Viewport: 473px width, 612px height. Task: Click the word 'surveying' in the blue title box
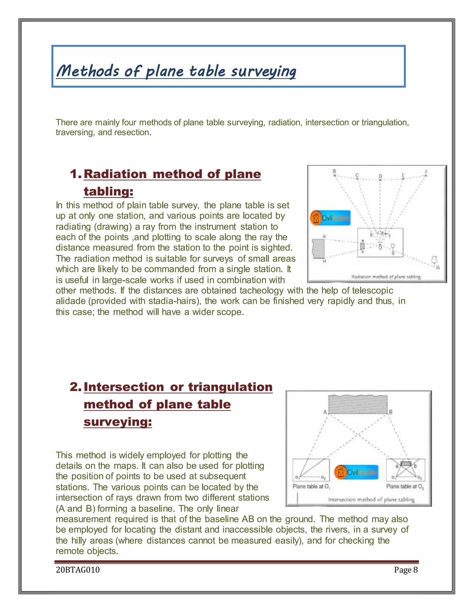pos(263,71)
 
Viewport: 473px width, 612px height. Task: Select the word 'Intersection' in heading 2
pos(124,387)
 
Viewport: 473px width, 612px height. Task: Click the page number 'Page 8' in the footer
pos(406,570)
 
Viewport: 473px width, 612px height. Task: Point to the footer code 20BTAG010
pos(78,570)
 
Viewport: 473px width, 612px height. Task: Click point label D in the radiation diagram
pos(380,176)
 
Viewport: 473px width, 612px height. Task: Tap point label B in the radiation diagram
pos(334,171)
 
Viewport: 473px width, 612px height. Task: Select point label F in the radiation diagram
pos(426,172)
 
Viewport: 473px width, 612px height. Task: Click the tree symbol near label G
pos(434,260)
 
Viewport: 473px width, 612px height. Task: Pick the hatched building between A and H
pos(318,248)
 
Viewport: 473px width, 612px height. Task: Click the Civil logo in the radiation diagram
pos(330,218)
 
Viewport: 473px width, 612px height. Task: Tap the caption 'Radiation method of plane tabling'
pos(386,277)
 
